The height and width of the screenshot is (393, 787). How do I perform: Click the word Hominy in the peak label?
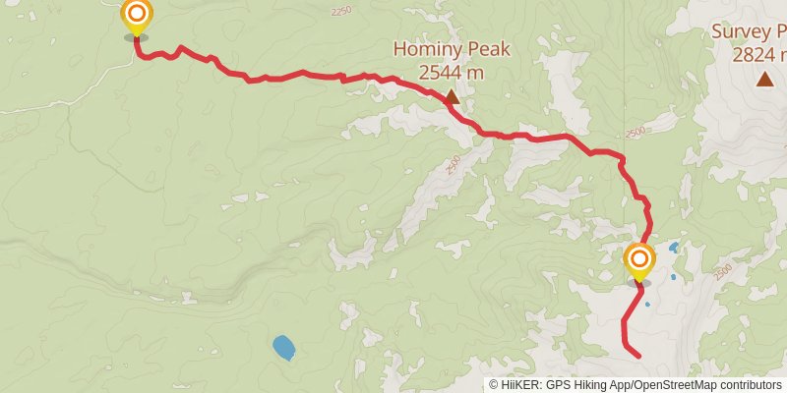pos(425,48)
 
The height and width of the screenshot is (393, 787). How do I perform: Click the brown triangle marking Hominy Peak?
pos(452,97)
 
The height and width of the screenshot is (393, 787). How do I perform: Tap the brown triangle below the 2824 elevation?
pos(764,80)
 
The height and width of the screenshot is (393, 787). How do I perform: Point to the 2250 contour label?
pos(341,11)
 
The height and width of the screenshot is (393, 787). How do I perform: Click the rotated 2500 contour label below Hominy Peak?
pos(453,165)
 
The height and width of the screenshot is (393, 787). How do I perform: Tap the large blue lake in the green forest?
pos(283,347)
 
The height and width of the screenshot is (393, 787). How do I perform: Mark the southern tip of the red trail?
pos(639,356)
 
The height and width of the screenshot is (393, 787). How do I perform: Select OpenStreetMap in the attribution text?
pos(678,385)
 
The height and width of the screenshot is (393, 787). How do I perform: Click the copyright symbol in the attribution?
pos(495,385)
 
